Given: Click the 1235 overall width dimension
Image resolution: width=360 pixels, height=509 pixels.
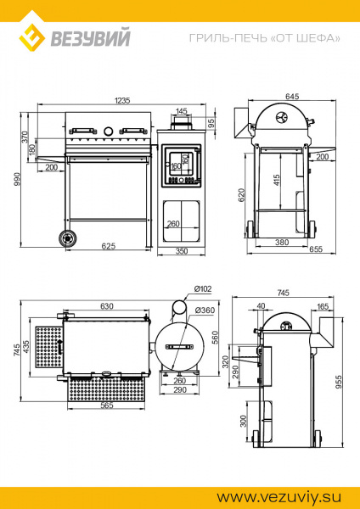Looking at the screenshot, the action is point(122,100).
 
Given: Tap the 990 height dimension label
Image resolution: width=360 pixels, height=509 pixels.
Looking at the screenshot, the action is point(17,179).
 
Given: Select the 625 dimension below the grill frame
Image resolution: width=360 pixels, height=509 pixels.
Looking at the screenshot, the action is point(109,246).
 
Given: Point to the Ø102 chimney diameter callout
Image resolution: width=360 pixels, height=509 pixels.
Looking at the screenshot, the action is point(203,288).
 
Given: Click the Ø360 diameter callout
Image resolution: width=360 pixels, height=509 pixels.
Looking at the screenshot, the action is point(205,310).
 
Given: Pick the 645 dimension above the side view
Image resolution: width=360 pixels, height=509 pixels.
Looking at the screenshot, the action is point(292,97).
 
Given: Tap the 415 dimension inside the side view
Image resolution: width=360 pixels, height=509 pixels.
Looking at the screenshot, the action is point(277,181).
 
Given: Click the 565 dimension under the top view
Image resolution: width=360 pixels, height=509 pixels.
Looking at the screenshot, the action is point(107,406).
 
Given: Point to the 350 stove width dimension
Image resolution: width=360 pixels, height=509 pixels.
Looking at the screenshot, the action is point(182,251).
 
